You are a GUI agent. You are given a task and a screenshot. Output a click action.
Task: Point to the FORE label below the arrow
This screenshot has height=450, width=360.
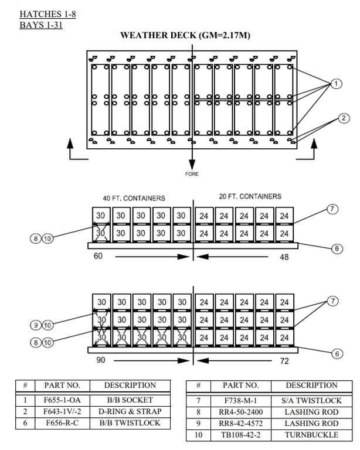192,174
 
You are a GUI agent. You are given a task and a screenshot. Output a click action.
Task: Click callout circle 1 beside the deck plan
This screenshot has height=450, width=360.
336,84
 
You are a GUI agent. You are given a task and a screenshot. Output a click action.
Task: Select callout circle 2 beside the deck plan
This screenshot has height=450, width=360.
344,119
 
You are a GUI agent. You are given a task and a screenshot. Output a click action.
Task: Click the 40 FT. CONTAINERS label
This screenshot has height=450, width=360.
134,198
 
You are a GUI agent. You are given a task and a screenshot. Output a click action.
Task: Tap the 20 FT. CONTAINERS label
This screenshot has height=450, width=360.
250,197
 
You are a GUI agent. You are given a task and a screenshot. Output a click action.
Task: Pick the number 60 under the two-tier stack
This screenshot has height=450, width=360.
99,256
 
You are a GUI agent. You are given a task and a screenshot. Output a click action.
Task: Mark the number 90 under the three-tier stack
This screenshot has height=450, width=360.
100,360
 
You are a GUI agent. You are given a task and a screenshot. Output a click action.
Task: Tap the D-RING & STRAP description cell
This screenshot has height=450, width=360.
130,411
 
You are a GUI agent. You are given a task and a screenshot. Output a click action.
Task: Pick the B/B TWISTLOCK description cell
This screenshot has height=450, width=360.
130,422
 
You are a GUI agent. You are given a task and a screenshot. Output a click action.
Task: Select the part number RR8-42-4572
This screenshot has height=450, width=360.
240,424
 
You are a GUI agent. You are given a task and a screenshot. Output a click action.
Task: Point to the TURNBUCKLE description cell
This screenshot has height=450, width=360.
311,435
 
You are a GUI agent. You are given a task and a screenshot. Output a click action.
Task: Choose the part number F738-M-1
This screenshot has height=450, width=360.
240,401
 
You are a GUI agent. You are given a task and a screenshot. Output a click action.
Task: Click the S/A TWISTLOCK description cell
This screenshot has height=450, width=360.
311,401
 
